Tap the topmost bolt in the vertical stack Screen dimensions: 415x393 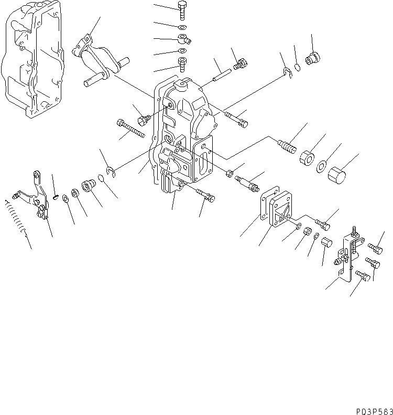(x=182, y=10)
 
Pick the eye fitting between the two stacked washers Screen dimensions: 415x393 (x=184, y=38)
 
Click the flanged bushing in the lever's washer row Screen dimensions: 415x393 (x=89, y=186)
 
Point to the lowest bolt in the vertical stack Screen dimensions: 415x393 (x=182, y=63)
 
